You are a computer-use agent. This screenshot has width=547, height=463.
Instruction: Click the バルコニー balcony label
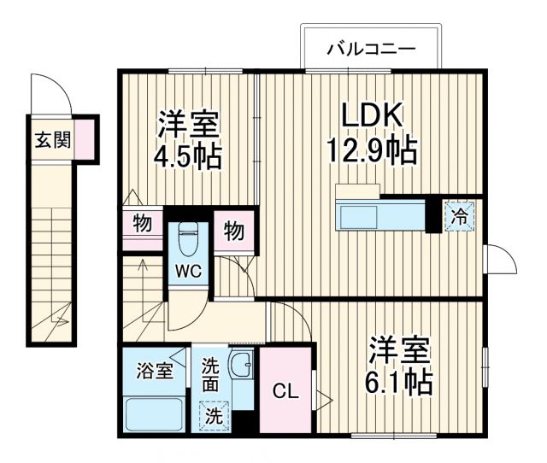click(x=370, y=50)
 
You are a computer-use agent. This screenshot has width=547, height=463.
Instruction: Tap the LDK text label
click(x=371, y=115)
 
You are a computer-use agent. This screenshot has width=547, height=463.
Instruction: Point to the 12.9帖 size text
click(x=371, y=151)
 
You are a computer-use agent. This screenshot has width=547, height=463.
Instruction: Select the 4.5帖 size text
click(x=188, y=156)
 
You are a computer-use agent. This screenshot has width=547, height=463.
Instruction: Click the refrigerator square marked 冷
click(x=459, y=217)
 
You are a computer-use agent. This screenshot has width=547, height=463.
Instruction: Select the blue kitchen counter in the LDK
click(x=379, y=215)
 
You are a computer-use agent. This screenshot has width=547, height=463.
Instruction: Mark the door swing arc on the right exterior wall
click(x=498, y=257)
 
